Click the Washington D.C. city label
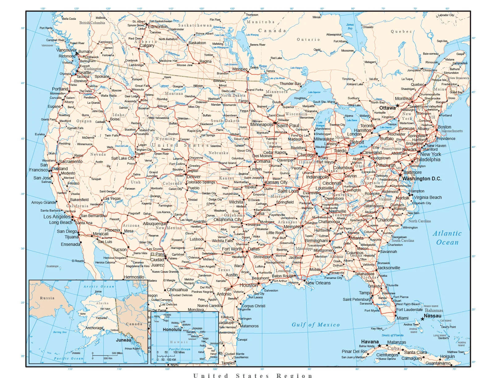422,179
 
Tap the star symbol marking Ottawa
398,106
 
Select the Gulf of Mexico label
316,325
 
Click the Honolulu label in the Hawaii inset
172,330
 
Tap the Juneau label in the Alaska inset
123,340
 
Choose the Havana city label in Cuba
370,342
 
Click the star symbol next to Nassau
422,319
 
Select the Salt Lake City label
123,158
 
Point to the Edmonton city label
158,27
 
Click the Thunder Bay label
290,84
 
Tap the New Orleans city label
318,283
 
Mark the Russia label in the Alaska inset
47,298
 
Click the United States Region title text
253,375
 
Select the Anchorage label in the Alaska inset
94,328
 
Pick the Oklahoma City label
228,220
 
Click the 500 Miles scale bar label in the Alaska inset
117,353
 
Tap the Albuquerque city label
155,224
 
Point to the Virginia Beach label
428,197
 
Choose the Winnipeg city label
240,69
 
